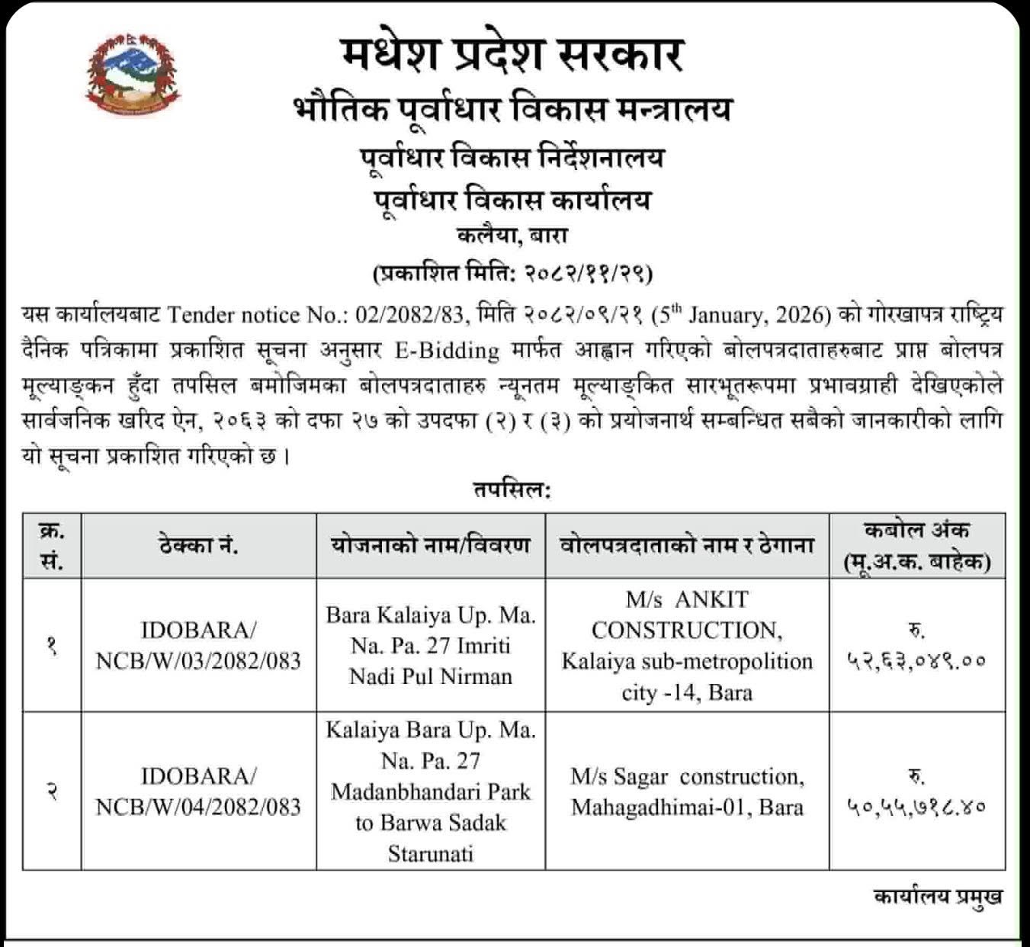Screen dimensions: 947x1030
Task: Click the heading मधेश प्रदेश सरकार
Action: pyautogui.click(x=512, y=55)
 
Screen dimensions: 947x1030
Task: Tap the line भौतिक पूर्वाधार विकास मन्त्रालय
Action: pyautogui.click(x=512, y=109)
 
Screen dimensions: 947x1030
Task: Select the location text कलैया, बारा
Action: pyautogui.click(x=512, y=236)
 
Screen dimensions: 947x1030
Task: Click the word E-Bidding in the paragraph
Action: pyautogui.click(x=446, y=350)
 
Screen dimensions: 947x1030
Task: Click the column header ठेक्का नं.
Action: pyautogui.click(x=198, y=546)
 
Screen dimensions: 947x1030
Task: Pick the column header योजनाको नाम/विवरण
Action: pyautogui.click(x=431, y=546)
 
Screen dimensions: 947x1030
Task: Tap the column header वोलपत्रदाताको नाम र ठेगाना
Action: pyautogui.click(x=687, y=546)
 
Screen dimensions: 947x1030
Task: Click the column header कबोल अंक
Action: pyautogui.click(x=916, y=531)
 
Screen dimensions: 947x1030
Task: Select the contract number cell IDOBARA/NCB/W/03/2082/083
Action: pyautogui.click(x=198, y=645)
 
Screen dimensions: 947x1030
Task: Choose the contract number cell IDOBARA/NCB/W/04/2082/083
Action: pyautogui.click(x=198, y=791)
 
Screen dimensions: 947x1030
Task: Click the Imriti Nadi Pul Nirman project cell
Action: pyautogui.click(x=431, y=645)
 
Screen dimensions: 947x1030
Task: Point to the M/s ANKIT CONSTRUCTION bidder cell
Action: pyautogui.click(x=687, y=645)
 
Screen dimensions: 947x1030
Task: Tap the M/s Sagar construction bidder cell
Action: pyautogui.click(x=687, y=791)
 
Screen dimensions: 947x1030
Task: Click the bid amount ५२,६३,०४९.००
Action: pyautogui.click(x=916, y=660)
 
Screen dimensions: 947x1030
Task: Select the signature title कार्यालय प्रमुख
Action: pyautogui.click(x=937, y=897)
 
